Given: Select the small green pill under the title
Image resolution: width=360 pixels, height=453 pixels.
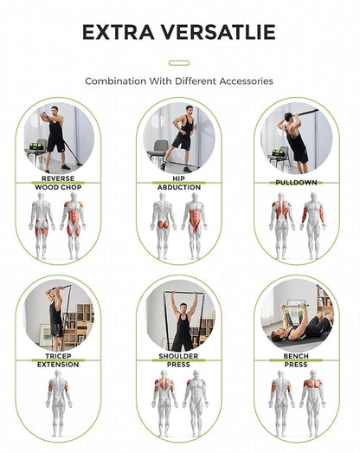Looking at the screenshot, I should click(x=179, y=62).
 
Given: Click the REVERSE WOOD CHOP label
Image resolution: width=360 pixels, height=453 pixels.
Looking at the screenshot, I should click(x=58, y=182).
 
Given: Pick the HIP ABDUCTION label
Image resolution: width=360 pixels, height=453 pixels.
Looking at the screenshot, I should click(x=179, y=182).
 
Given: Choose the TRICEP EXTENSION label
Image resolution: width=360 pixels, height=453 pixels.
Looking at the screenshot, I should click(x=58, y=360).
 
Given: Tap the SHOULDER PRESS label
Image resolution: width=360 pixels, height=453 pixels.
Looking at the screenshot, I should click(x=179, y=360).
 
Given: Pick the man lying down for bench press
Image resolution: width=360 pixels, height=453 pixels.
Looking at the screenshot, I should click(x=303, y=328).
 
